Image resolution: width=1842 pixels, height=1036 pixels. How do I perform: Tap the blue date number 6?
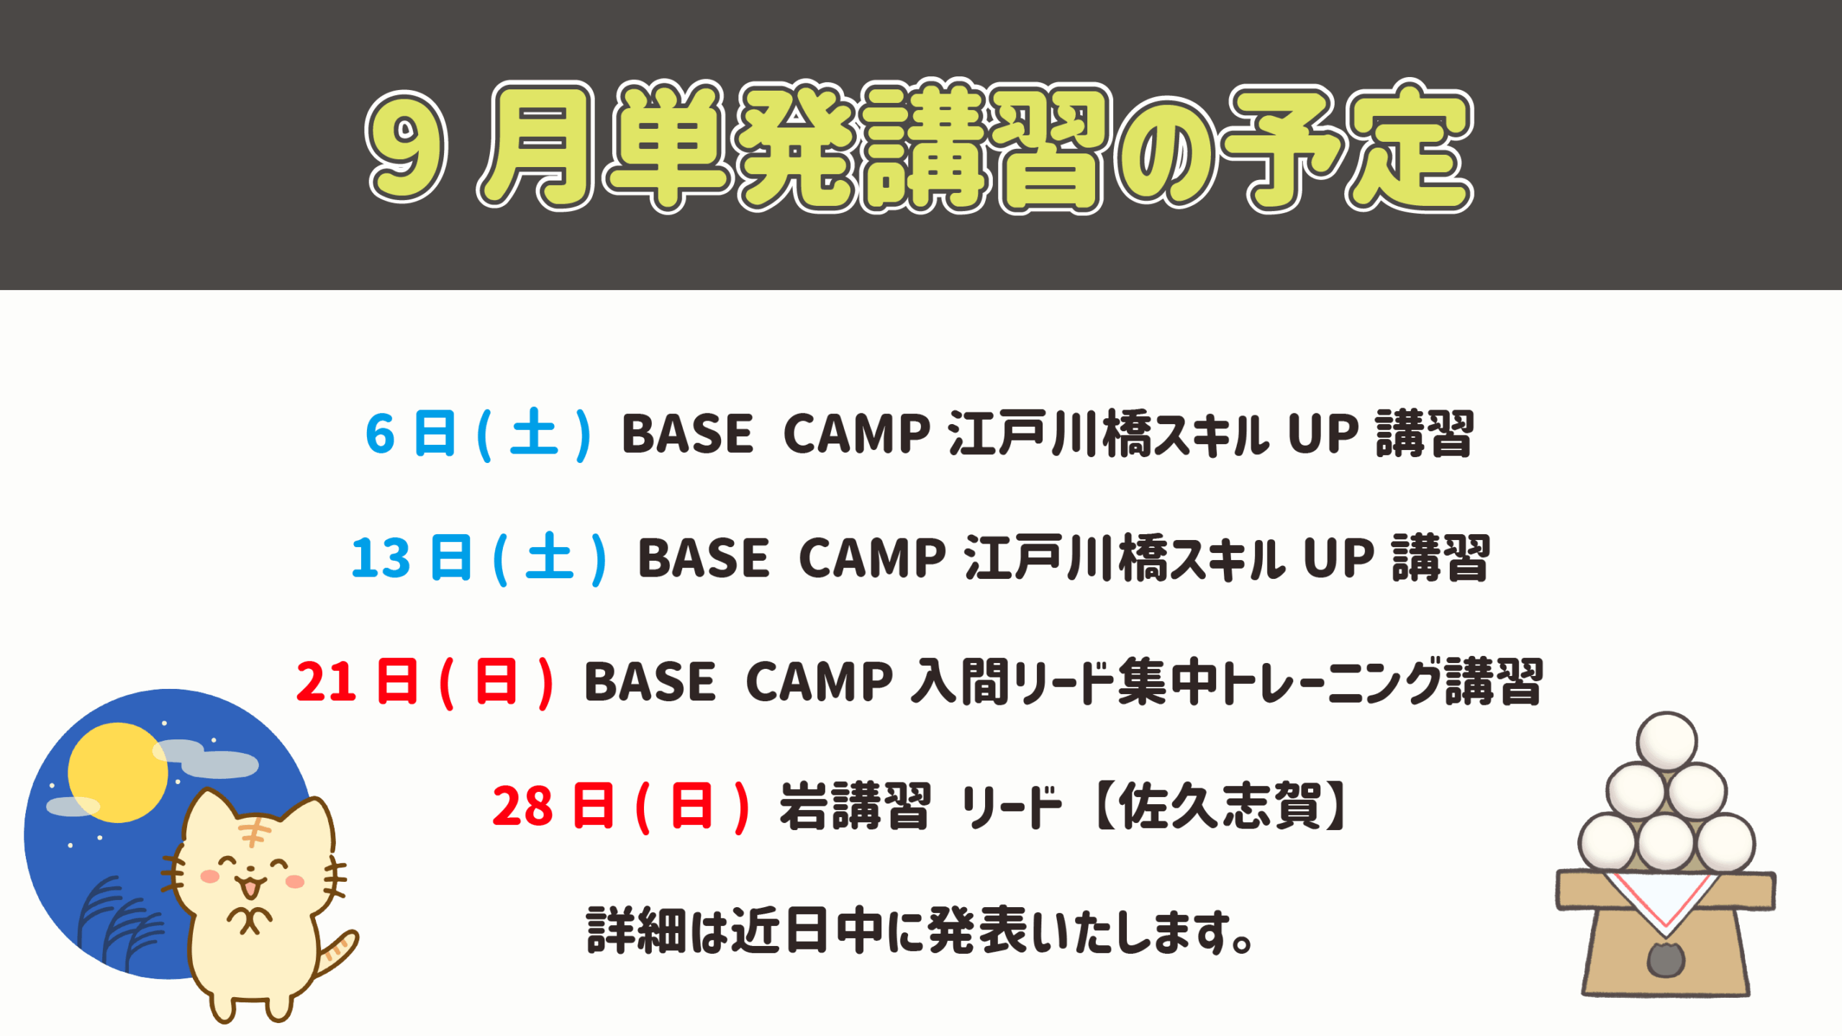pos(381,434)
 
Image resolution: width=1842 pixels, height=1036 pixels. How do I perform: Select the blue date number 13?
pos(381,558)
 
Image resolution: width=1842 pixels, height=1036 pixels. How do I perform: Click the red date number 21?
pos(326,682)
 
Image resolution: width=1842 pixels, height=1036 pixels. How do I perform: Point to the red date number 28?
pos(523,806)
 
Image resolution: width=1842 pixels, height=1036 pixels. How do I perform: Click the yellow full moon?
pos(117,773)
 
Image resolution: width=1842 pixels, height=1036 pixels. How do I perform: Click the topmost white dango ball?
pos(1667,742)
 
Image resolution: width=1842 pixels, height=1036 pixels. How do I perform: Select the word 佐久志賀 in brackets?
pos(1220,806)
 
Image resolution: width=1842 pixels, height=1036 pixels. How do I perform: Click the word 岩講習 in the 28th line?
pos(856,806)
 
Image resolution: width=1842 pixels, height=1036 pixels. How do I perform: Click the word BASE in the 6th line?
pos(687,434)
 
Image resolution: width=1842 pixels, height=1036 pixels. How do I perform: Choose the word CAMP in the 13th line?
pos(872,558)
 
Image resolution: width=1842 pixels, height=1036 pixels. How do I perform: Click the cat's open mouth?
pos(250,888)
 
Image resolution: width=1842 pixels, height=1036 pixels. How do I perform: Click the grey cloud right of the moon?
pos(207,758)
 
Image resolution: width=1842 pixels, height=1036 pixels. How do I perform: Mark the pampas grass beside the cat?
pos(119,925)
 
